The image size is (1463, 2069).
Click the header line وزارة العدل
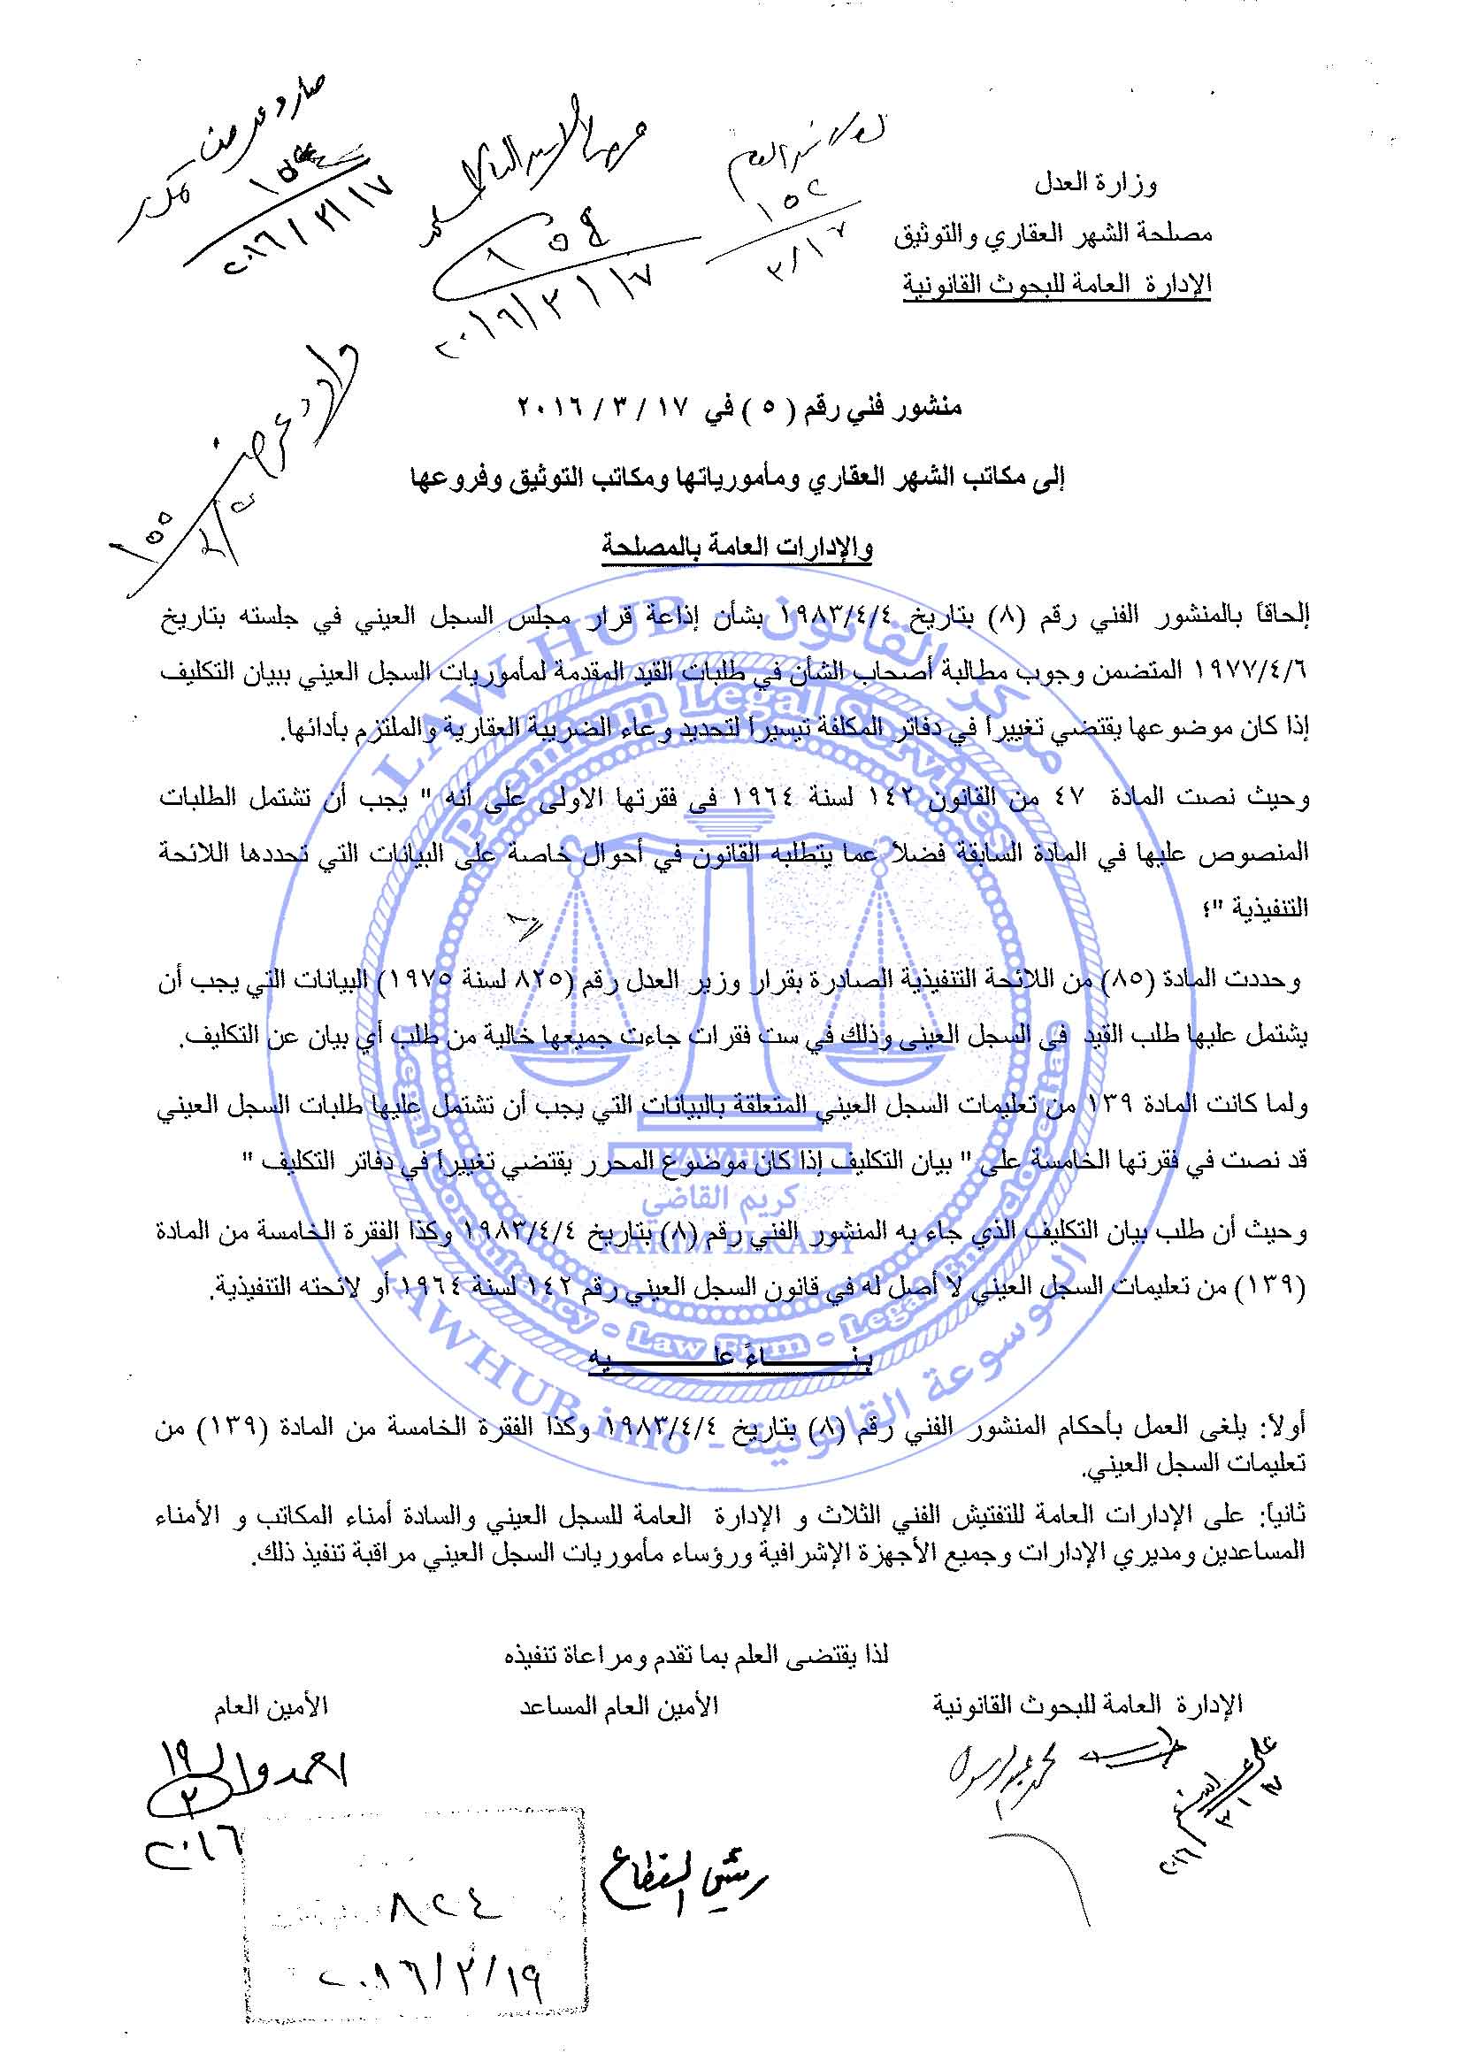(1094, 184)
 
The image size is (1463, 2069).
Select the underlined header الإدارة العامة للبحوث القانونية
(1057, 284)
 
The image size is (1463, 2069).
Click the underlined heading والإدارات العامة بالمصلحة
(737, 547)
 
